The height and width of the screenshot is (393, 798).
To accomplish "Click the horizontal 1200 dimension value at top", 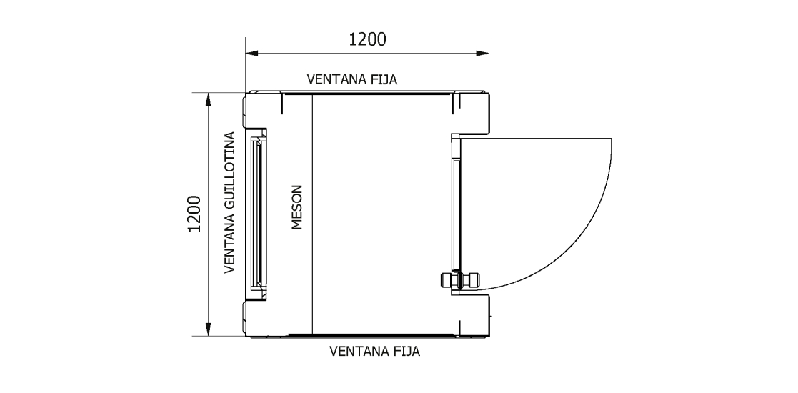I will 367,39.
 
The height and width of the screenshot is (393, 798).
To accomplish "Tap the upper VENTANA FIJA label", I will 351,79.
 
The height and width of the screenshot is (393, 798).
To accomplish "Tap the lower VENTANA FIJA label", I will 374,352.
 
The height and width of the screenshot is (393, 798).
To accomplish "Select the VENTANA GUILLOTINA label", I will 230,202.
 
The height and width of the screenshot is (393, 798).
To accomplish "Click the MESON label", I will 298,208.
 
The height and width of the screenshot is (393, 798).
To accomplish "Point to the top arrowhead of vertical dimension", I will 207,98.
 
